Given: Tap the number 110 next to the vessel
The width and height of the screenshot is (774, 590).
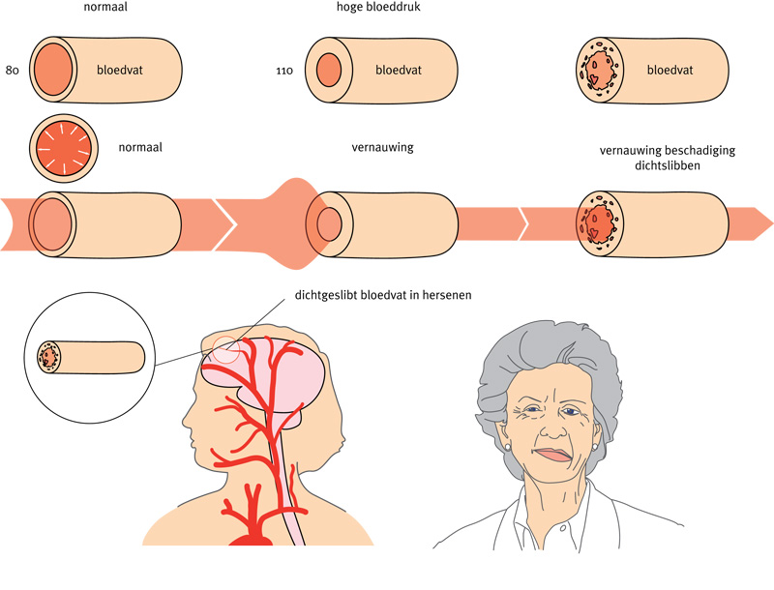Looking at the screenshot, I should [x=284, y=71].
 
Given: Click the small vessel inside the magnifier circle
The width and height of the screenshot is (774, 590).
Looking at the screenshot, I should [x=91, y=357].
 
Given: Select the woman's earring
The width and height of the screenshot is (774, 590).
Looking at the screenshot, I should [x=504, y=447].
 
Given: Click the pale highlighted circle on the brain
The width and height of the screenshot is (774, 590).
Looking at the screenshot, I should [x=226, y=349].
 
